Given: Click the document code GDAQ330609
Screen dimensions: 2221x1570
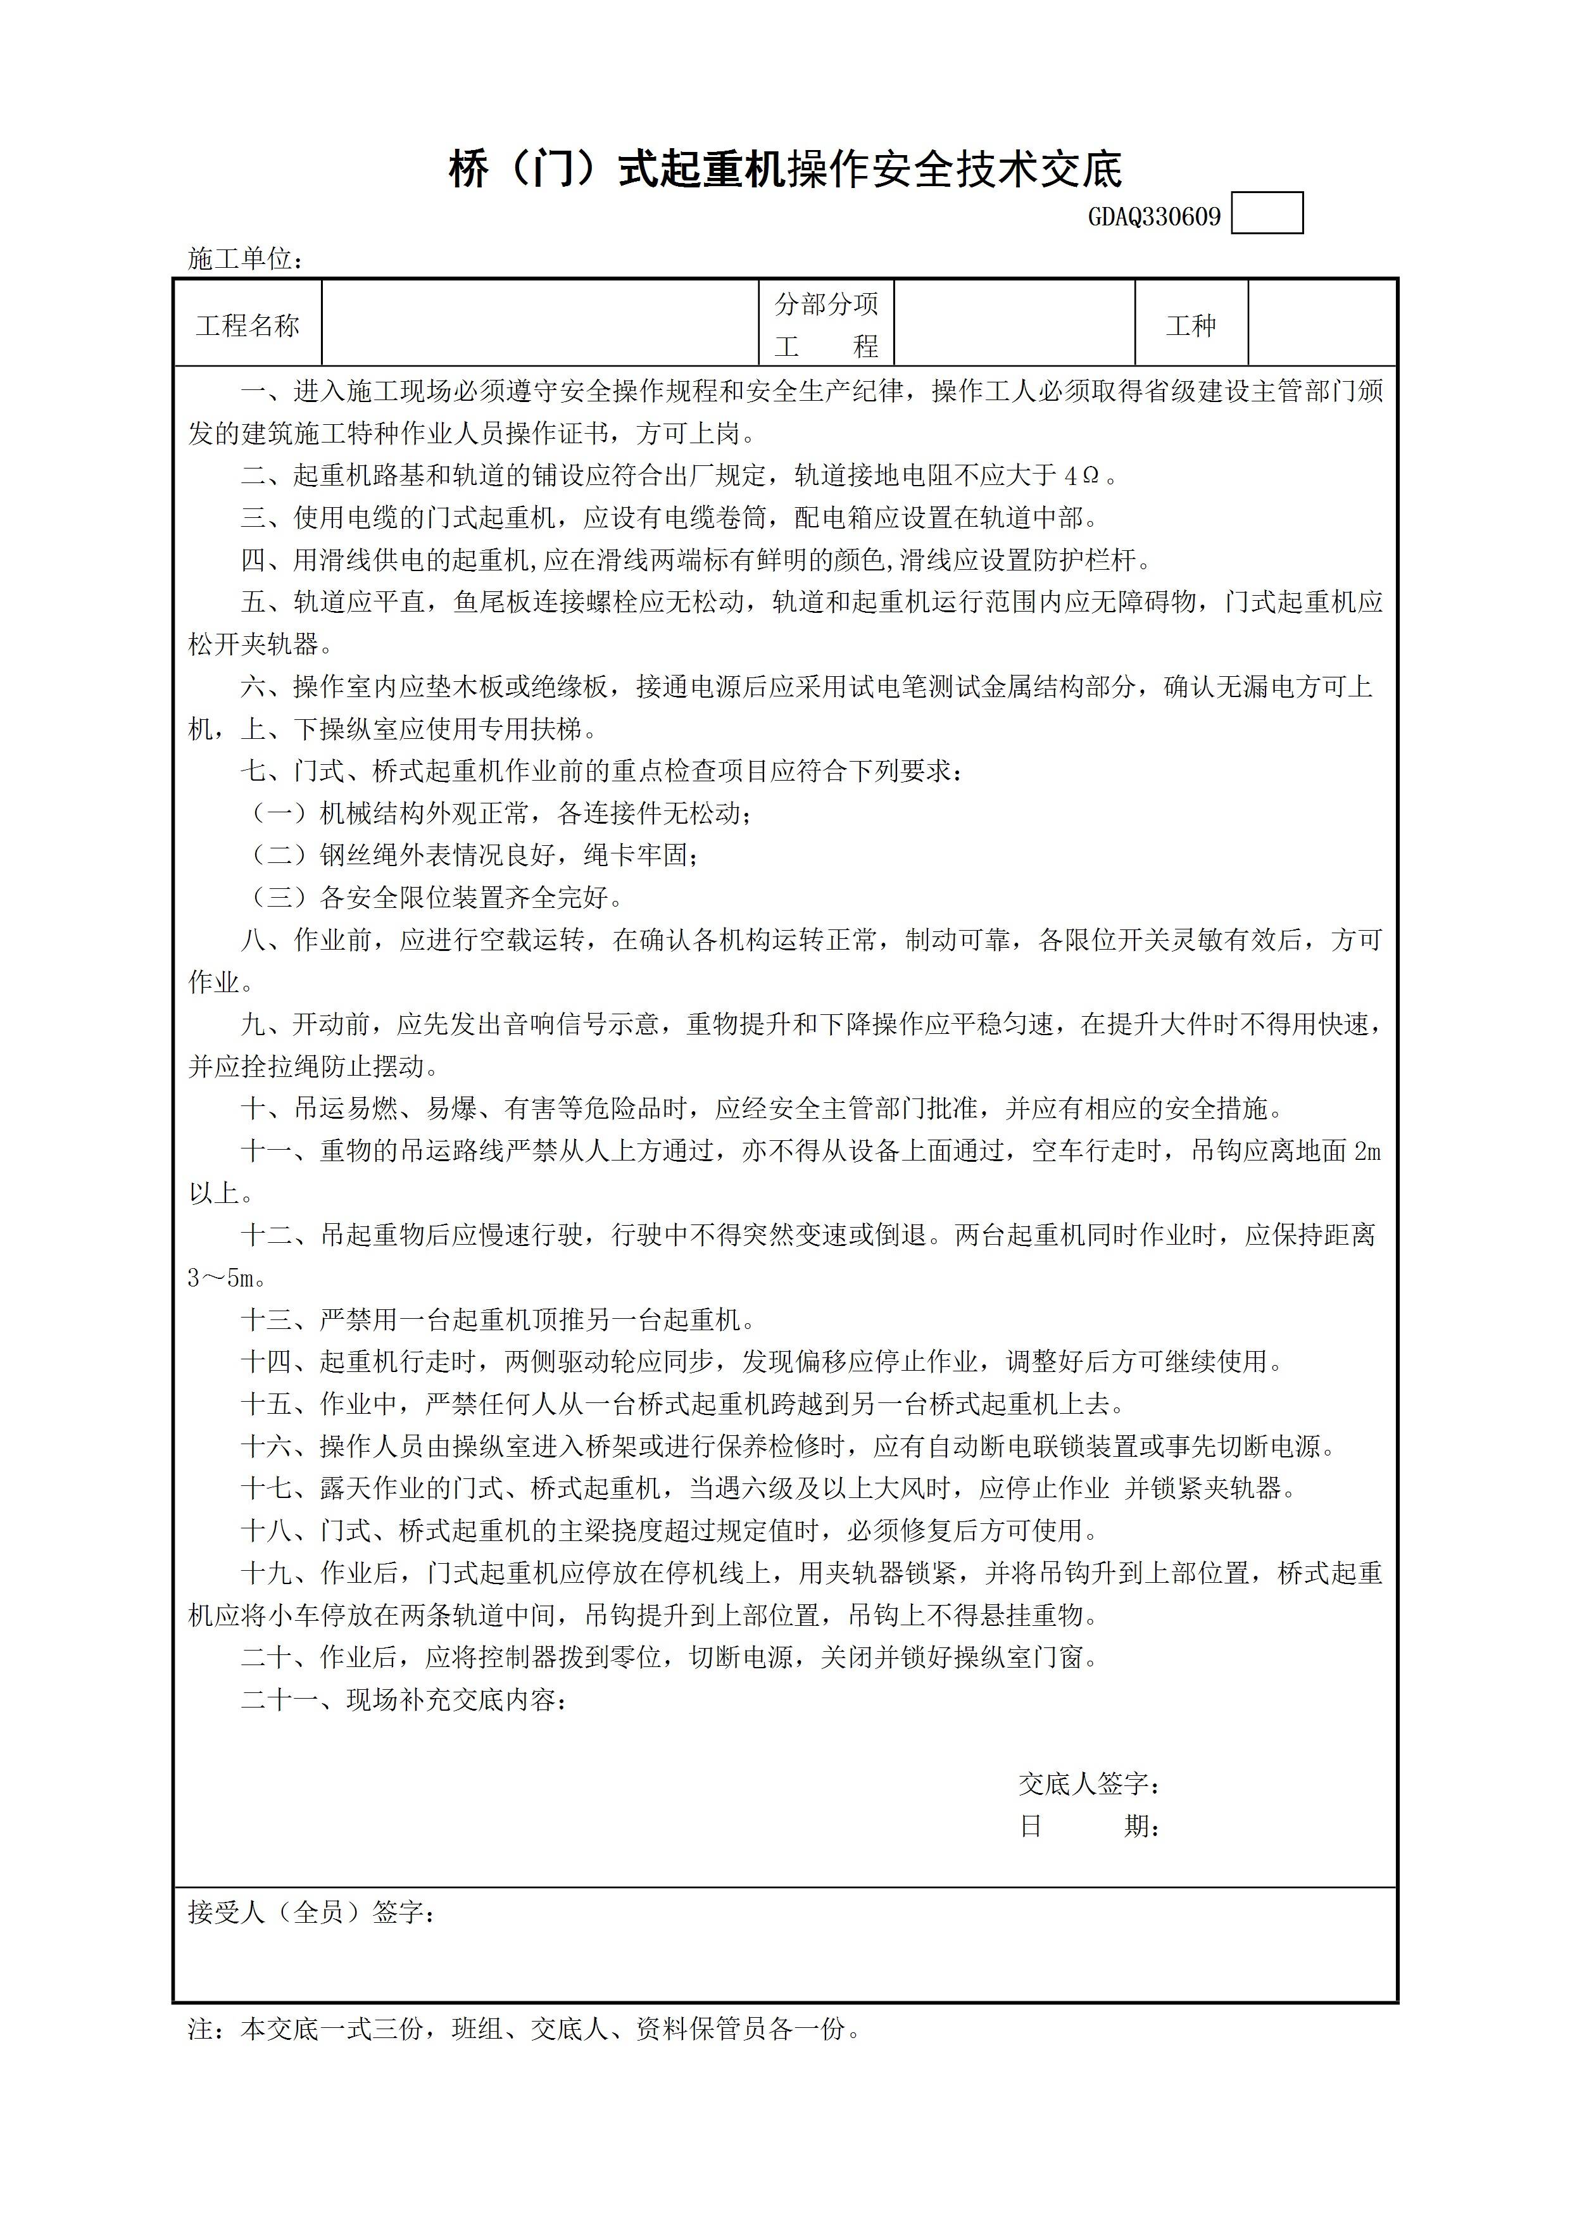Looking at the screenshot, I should pos(1154,216).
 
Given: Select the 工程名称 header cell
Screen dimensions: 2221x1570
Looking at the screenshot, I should pos(248,325).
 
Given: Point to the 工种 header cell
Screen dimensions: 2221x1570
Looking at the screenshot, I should pos(1191,325).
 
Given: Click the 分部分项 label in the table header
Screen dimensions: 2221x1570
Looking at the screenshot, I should pos(826,305).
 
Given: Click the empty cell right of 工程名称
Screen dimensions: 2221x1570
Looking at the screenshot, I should pos(540,325).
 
